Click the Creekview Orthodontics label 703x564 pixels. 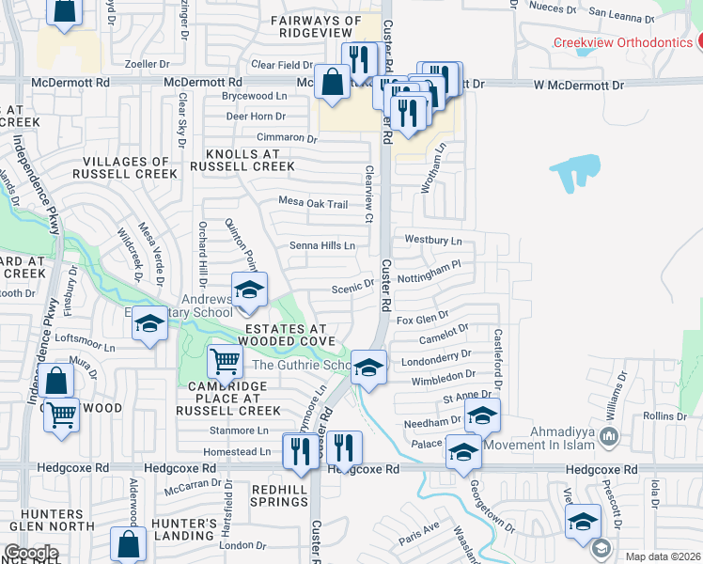(622, 41)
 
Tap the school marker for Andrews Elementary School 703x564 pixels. (250, 290)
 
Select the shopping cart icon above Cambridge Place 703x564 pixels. (225, 360)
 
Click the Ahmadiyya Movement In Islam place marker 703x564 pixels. (609, 436)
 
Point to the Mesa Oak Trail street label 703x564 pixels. (313, 203)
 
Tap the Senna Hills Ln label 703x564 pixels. (322, 245)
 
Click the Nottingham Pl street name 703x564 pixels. (429, 265)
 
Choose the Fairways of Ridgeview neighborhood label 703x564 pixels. (316, 25)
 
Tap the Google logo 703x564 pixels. (31, 553)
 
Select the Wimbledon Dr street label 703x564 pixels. (443, 376)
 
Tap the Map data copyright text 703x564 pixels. (663, 556)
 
